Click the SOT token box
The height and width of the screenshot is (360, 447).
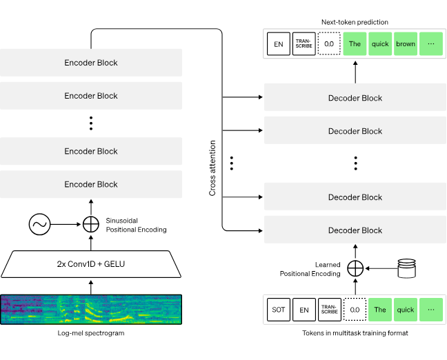point(278,310)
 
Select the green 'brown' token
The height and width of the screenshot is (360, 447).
point(406,44)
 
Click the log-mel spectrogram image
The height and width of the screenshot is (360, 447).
point(91,309)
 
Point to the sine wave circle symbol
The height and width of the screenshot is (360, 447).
point(39,224)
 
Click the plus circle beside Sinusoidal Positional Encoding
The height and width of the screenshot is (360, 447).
point(91,224)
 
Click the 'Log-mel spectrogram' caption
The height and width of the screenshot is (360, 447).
point(91,334)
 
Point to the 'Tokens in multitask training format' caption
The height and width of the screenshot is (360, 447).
point(355,334)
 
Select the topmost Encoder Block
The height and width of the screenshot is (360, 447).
point(91,63)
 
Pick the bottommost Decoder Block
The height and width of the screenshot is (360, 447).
point(355,230)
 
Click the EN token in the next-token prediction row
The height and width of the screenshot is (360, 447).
point(278,44)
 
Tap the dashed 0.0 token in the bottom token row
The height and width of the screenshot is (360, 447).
point(355,310)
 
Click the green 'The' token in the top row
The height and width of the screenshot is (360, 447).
point(355,44)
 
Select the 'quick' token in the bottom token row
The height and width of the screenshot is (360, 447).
point(406,310)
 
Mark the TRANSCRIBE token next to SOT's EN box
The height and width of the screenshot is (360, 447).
point(329,310)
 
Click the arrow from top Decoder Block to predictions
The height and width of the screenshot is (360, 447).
point(355,72)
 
